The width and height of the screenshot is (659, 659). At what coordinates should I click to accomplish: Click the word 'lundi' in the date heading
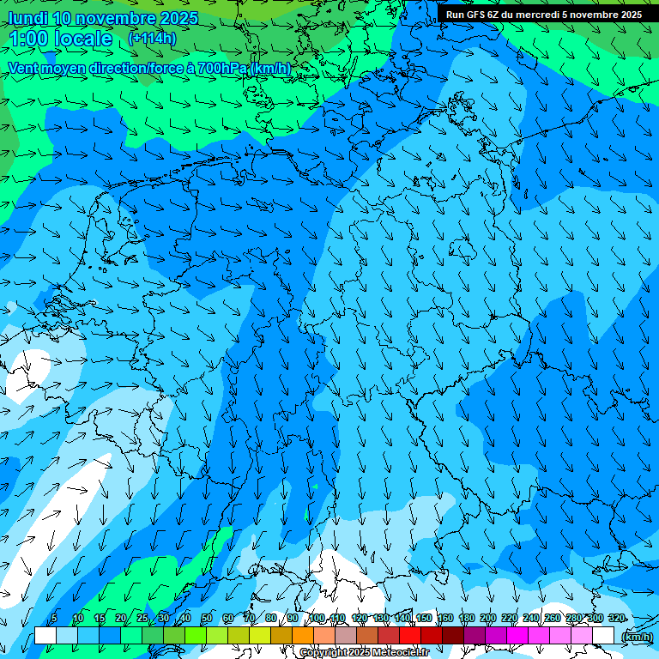tap(27, 18)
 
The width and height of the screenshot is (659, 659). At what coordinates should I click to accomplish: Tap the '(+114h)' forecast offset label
tap(152, 38)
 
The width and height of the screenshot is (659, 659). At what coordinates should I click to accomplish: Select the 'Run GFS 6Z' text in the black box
tap(476, 15)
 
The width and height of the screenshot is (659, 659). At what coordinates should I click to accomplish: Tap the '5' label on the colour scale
tap(53, 618)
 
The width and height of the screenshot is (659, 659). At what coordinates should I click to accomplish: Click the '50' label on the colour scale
tap(206, 618)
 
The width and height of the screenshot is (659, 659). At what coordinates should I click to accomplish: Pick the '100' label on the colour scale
tap(317, 618)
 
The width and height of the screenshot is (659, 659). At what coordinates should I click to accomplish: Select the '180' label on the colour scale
tap(465, 618)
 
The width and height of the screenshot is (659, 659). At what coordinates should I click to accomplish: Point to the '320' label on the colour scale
tap(615, 618)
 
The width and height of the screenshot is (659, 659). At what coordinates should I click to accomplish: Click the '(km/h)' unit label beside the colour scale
tap(637, 637)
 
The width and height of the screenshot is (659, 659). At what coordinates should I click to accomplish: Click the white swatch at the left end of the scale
tap(45, 635)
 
